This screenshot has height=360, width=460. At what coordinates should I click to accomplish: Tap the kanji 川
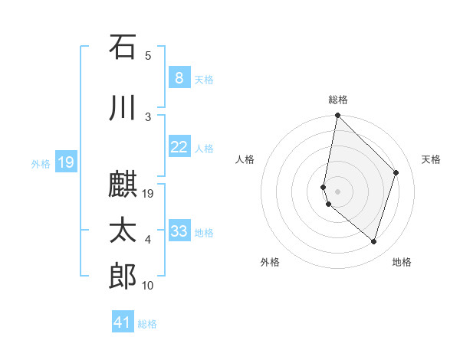tap(123, 109)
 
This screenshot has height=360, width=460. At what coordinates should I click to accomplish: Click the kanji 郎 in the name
tap(123, 277)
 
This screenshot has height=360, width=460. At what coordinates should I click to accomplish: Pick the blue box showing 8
tap(179, 77)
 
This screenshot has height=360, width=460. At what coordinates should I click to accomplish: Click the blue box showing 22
tap(179, 147)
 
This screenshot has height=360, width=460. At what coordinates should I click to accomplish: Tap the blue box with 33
tap(179, 231)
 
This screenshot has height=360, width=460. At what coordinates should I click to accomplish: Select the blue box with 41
tap(123, 322)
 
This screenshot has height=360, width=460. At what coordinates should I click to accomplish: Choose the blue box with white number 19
tap(65, 162)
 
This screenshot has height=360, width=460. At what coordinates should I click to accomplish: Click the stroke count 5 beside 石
tap(148, 55)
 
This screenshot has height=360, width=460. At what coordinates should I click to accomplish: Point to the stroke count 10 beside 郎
tap(148, 286)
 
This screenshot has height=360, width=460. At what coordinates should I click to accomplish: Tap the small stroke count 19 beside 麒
tap(149, 194)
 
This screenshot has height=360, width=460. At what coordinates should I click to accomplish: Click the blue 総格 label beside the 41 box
tap(147, 324)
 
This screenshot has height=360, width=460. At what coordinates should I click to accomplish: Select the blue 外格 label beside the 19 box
tap(40, 163)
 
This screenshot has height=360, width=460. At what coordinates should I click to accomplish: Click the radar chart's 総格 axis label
tap(338, 100)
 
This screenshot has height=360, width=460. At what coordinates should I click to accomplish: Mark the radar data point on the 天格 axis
tap(396, 172)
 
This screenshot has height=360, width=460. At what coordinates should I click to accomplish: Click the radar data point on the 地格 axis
tap(373, 242)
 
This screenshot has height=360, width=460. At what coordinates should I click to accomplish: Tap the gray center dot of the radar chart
tap(338, 191)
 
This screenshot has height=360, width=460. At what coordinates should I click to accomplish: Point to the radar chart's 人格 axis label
tap(245, 159)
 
